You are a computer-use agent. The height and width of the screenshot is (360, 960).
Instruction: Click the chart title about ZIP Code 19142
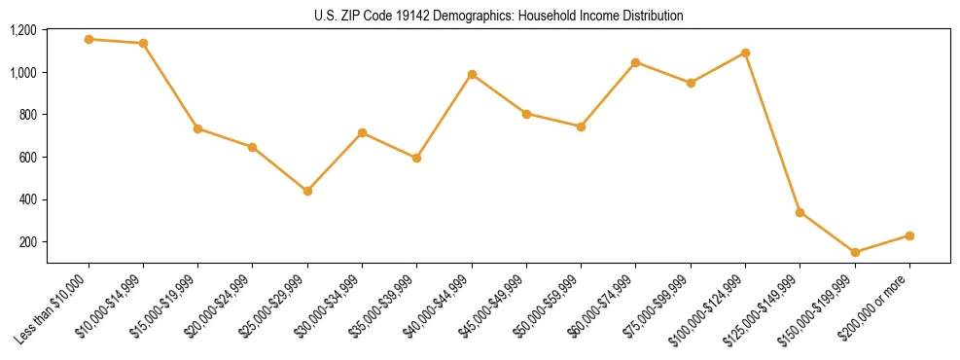point(498,16)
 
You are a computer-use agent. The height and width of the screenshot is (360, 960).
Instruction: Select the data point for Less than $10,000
point(89,39)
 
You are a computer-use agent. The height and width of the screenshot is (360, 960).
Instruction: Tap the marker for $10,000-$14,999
point(143,43)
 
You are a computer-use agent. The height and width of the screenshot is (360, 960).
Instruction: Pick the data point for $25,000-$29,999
point(307,191)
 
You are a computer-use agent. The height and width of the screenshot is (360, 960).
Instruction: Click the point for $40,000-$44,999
point(472,74)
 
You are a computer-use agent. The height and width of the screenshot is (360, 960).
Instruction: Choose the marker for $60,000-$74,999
point(635,62)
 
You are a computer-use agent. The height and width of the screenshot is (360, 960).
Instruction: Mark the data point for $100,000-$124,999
point(745,53)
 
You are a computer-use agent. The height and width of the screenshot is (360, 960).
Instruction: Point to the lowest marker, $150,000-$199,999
point(855,252)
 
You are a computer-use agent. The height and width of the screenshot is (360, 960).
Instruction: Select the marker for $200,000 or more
point(909,235)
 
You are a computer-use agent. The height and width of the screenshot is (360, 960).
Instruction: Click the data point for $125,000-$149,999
point(800,212)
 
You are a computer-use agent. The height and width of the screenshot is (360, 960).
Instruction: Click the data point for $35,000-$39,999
point(416,158)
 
